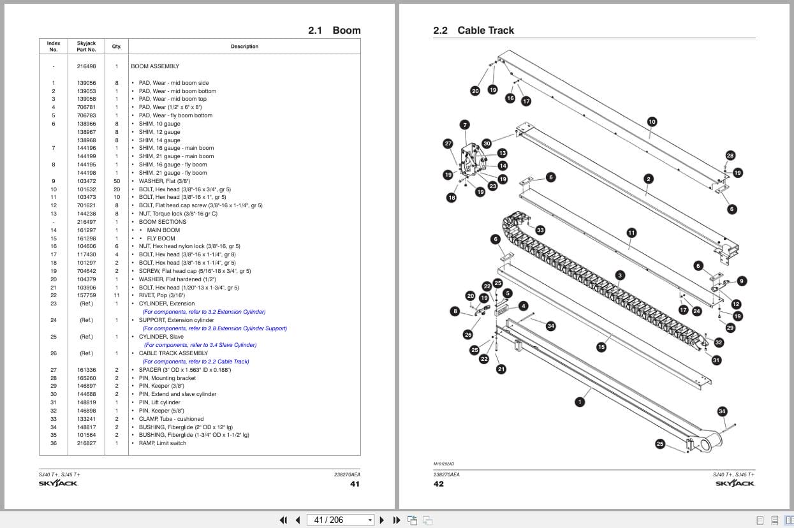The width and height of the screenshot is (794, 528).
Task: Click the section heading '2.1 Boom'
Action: (334, 31)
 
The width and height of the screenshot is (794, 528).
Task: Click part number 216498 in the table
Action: (86, 66)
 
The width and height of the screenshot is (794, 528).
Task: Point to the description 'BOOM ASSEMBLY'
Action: (155, 66)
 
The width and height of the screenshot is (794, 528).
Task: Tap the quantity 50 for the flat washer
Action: (117, 181)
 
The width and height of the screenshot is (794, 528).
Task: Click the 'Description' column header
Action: (244, 47)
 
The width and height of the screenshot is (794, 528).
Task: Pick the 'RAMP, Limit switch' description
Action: (163, 443)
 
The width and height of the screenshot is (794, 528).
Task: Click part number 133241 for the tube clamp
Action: (86, 419)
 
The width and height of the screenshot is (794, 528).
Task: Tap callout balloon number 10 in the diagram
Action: (652, 121)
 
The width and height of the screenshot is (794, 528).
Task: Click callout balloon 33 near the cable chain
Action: (540, 230)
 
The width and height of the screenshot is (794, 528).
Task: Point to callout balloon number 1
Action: (580, 402)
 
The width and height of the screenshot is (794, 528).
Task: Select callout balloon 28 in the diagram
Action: (730, 156)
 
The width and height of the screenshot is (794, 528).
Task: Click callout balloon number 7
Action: (465, 125)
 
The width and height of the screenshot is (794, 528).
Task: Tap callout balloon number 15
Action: (601, 347)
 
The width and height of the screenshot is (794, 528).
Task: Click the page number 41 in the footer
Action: (355, 483)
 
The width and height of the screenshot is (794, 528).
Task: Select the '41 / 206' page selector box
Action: (341, 520)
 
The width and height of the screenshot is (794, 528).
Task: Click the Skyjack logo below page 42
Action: (735, 483)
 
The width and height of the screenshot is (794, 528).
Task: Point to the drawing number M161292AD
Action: (443, 464)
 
